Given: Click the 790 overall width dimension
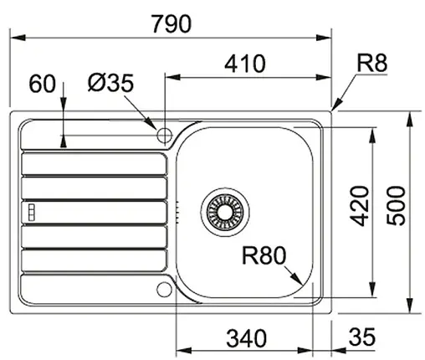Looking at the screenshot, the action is tap(172, 24).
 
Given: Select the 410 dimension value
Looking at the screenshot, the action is tap(245, 64).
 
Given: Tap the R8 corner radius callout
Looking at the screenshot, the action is tap(372, 64).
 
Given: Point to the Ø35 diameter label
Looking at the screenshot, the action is tap(110, 83).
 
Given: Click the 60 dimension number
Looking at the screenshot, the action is tap(43, 84).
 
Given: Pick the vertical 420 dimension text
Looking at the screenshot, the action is tap(360, 206).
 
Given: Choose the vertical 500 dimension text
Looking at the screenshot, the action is tap(396, 206).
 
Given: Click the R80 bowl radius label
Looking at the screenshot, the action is tap(264, 255).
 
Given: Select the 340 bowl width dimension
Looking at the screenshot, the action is tap(246, 338).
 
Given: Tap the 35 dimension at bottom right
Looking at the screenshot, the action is tap(362, 337).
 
